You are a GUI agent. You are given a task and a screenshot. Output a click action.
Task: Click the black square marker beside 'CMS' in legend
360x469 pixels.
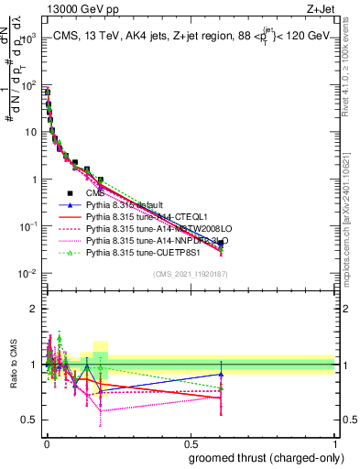point(71,193)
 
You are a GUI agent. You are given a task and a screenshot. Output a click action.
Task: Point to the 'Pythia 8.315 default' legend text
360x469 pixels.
point(127,205)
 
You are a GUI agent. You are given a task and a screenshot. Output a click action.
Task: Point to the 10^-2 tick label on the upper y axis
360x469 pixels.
point(28,274)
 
